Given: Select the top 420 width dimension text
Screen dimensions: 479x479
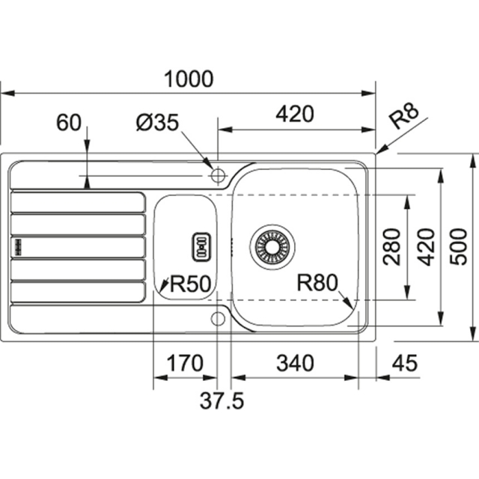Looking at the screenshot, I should coord(294,115).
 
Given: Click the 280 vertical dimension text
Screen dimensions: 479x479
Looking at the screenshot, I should coord(391,246).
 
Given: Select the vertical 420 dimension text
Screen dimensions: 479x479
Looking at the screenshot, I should coord(427,246).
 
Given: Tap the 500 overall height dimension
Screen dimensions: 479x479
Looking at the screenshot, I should coord(461,246).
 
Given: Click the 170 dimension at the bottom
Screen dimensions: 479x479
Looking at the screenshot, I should coord(183,364).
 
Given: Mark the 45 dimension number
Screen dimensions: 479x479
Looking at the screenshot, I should coord(404,364).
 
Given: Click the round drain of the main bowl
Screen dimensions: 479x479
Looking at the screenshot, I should coord(271,245).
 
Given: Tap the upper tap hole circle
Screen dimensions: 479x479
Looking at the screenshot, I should coord(218,176).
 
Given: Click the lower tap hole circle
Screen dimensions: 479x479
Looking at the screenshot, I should coord(218,318).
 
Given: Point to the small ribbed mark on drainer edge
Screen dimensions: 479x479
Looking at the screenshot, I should coord(16,246).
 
